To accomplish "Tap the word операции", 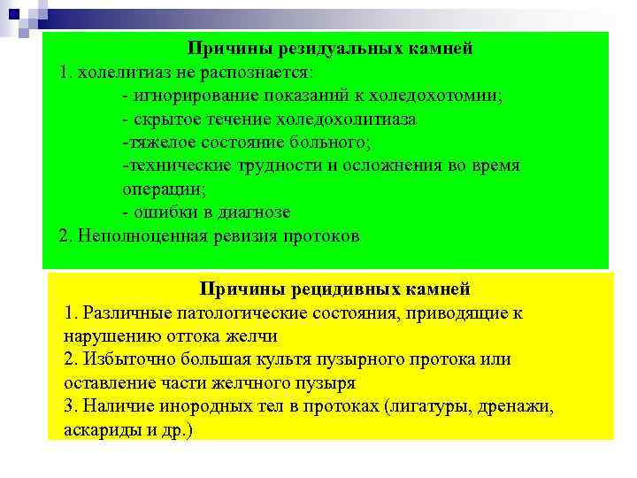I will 164,189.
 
